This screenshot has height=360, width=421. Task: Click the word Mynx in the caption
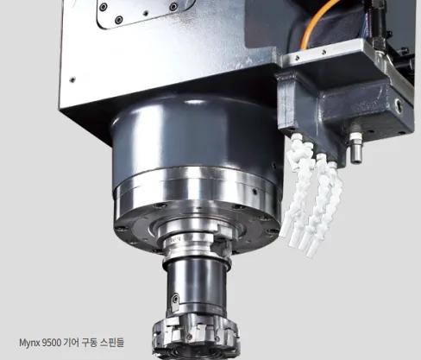(x=29, y=343)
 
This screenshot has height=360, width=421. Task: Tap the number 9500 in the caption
(x=52, y=343)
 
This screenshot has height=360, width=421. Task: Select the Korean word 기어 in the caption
(x=70, y=343)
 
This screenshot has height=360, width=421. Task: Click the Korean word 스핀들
(x=112, y=343)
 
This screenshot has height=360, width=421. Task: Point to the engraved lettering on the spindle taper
(x=176, y=240)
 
